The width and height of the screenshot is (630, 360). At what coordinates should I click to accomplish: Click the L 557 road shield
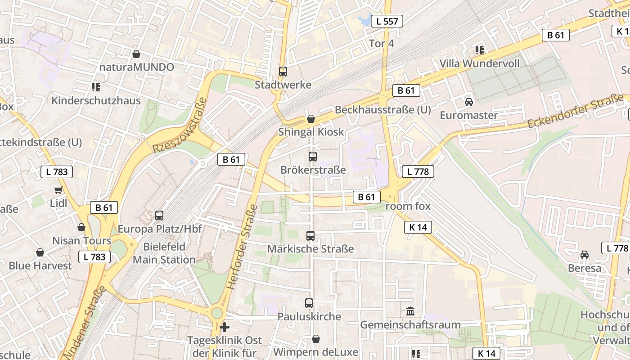point(387,21)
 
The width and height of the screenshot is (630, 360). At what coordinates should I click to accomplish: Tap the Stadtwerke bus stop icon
point(283,71)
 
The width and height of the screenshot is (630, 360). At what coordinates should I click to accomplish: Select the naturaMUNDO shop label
point(137,67)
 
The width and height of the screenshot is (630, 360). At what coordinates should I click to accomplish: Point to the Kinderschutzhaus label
point(96,100)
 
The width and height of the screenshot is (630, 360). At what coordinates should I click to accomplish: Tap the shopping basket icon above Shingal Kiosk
point(310,119)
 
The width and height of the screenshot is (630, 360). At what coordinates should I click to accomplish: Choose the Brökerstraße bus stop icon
point(312,157)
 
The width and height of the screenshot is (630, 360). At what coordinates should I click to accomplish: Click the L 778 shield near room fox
point(418,171)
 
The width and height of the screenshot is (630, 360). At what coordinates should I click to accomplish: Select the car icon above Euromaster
point(468,102)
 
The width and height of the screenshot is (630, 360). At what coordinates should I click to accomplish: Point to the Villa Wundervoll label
point(479,63)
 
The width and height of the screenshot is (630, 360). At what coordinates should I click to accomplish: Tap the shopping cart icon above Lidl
point(58,190)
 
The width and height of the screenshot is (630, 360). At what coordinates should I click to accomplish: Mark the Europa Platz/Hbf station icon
point(159,215)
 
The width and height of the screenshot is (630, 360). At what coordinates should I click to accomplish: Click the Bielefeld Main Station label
point(164,253)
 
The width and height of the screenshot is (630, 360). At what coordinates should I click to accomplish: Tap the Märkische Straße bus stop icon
point(310,235)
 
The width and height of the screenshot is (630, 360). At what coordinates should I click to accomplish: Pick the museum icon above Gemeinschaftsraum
point(410,311)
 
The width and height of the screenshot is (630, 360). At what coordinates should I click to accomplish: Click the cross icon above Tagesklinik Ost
point(224,327)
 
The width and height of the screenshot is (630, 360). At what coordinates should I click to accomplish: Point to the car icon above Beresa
point(584,255)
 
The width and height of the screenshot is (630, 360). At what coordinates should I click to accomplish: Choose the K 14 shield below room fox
point(418,227)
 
